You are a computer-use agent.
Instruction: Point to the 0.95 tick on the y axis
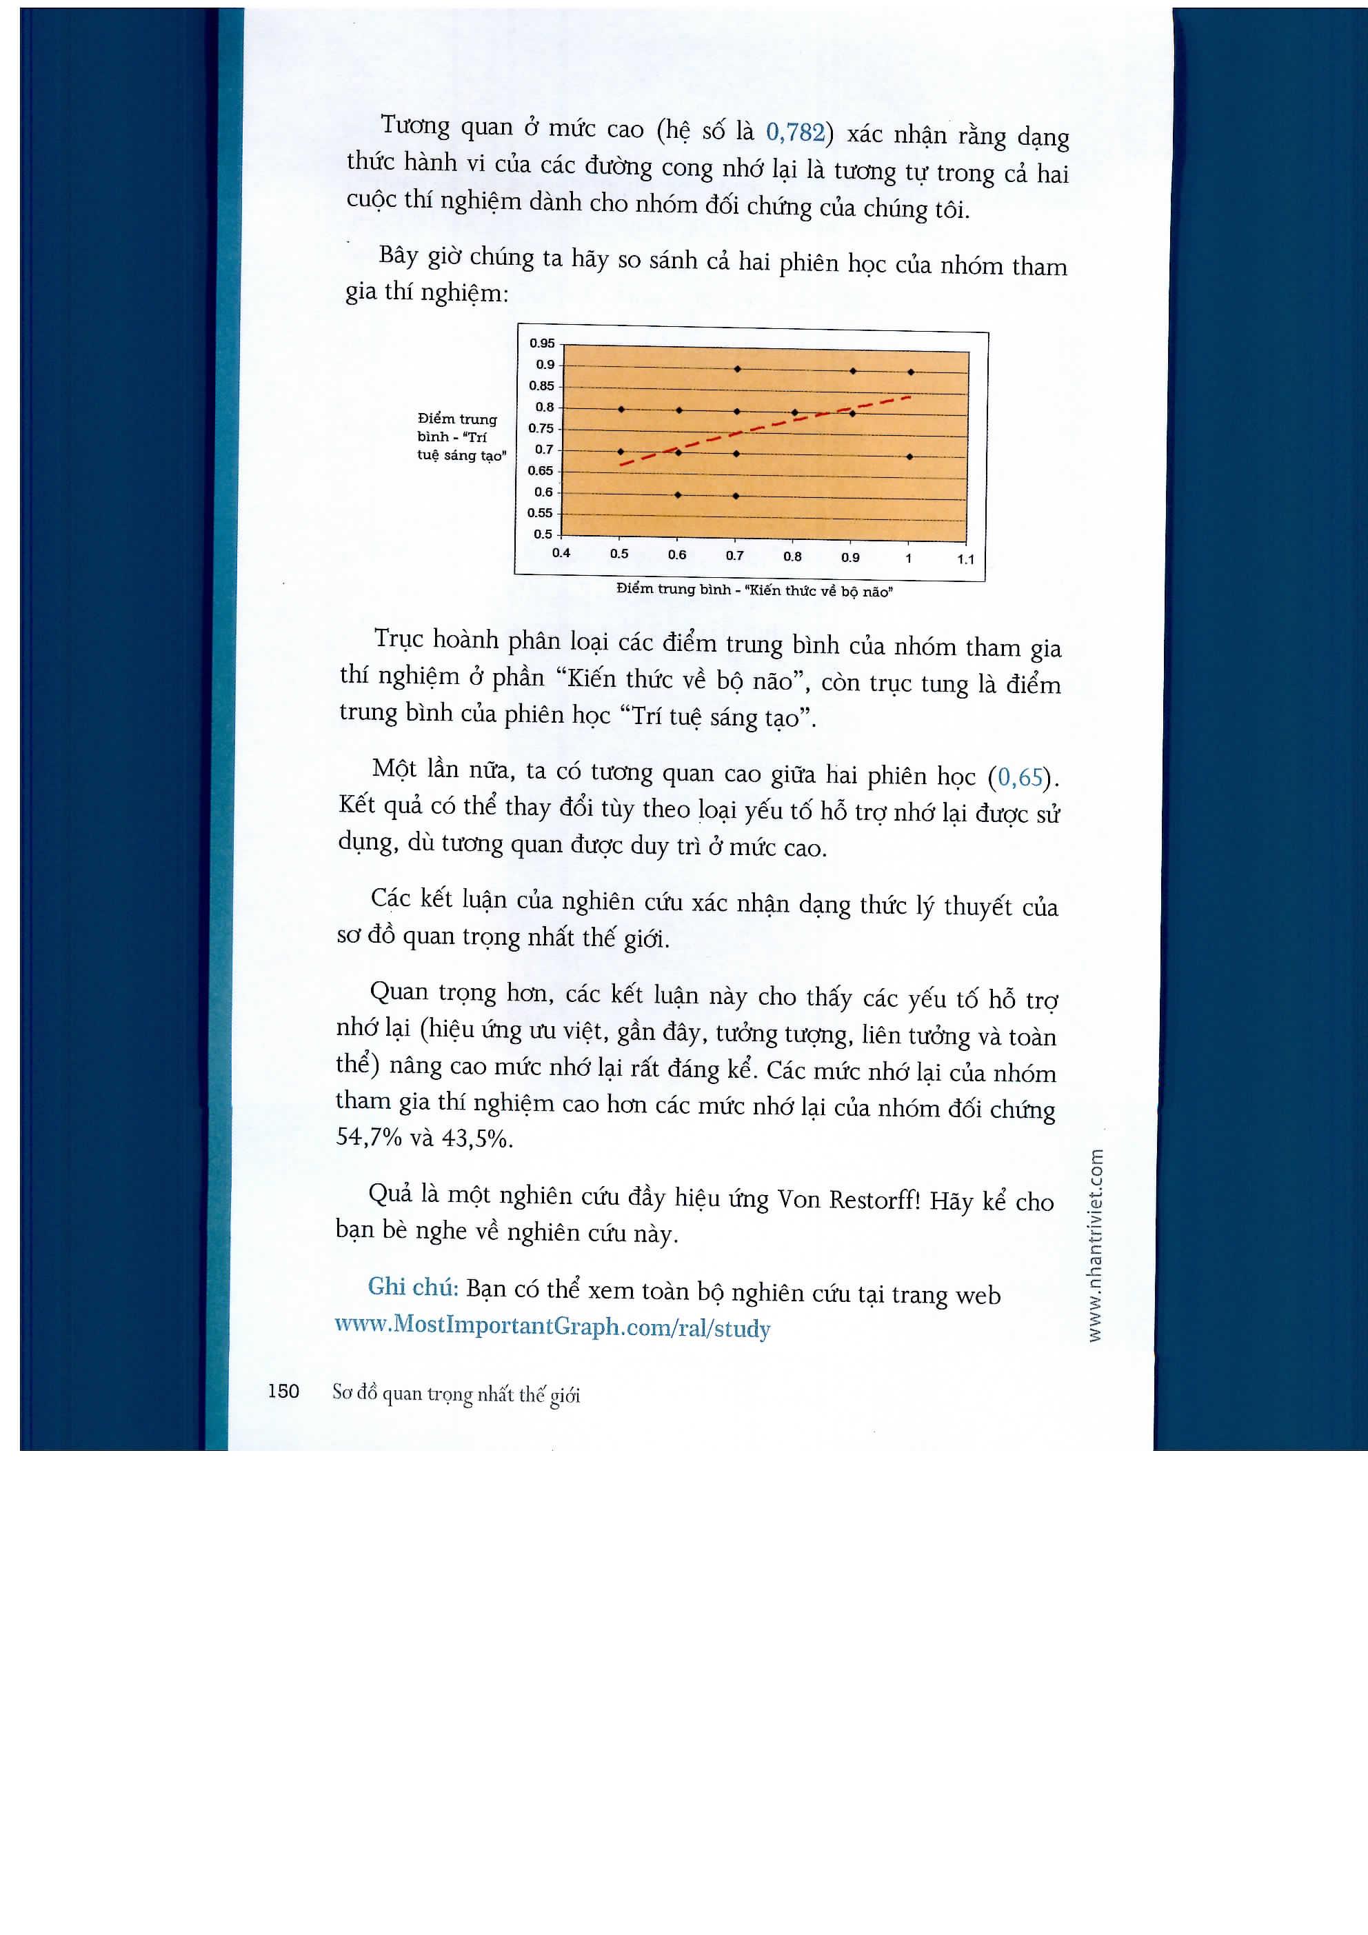[x=542, y=343]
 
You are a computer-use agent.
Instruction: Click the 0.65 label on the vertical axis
[x=541, y=471]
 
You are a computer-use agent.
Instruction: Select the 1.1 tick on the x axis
[x=965, y=559]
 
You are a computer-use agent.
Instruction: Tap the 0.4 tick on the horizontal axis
[x=561, y=553]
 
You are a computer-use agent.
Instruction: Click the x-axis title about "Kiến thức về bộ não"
[x=754, y=590]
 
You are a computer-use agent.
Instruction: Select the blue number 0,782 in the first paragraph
[x=794, y=132]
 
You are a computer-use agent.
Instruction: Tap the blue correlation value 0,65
[x=1020, y=777]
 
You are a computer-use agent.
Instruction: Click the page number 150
[x=283, y=1392]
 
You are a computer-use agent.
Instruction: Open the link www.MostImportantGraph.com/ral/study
[x=552, y=1327]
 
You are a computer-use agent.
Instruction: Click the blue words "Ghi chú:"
[x=412, y=1287]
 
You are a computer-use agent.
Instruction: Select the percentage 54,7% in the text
[x=368, y=1137]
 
